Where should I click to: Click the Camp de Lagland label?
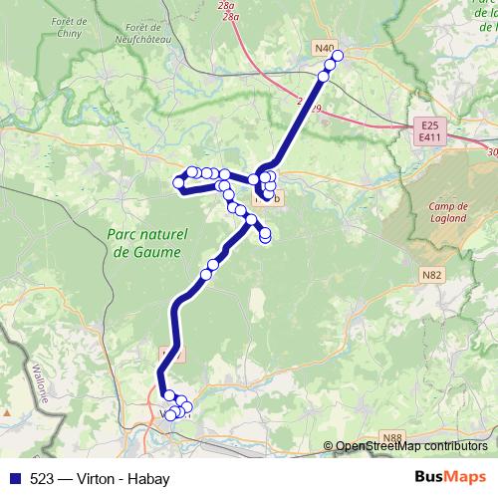coord(442,213)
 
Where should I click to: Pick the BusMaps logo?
coord(451,477)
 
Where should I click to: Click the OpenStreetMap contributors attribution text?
coord(411,446)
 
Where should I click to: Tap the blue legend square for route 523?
coord(12,478)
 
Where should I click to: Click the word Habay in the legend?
coord(150,478)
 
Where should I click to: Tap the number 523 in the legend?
coord(41,478)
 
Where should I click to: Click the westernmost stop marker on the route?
coord(179,182)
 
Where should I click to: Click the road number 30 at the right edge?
coord(492,152)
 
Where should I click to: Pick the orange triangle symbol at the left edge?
coord(7,411)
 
